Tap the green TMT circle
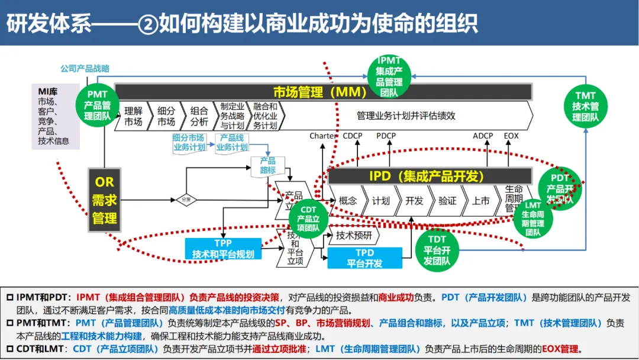point(585,106)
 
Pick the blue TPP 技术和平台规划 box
point(223,249)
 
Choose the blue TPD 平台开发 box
point(364,258)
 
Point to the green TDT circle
point(437,250)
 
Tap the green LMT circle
point(532,218)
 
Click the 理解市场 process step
point(133,117)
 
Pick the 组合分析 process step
point(199,117)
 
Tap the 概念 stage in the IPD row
point(348,201)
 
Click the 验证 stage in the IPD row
point(447,201)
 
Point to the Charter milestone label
point(322,136)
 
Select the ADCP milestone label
point(483,136)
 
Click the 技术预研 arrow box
point(354,236)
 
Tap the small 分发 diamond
point(186,200)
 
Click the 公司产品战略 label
point(85,69)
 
